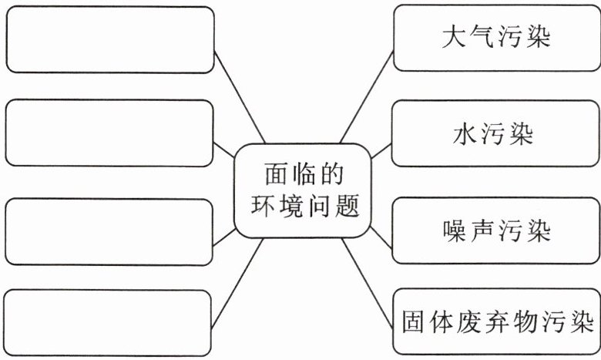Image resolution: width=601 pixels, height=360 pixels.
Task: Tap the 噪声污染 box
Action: click(496, 230)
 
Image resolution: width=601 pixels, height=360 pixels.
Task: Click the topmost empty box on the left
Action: click(109, 39)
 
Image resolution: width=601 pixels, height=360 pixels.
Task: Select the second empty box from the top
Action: click(109, 133)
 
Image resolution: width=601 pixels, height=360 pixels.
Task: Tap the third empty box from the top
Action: click(109, 231)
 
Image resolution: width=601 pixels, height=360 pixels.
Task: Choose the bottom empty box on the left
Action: click(107, 323)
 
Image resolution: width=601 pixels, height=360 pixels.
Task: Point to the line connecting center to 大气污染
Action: click(366, 100)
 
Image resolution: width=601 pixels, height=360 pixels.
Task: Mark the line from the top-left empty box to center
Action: click(239, 97)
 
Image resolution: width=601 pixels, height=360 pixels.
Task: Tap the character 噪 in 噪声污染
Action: click(455, 230)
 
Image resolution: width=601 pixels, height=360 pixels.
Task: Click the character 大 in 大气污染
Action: click(455, 38)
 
